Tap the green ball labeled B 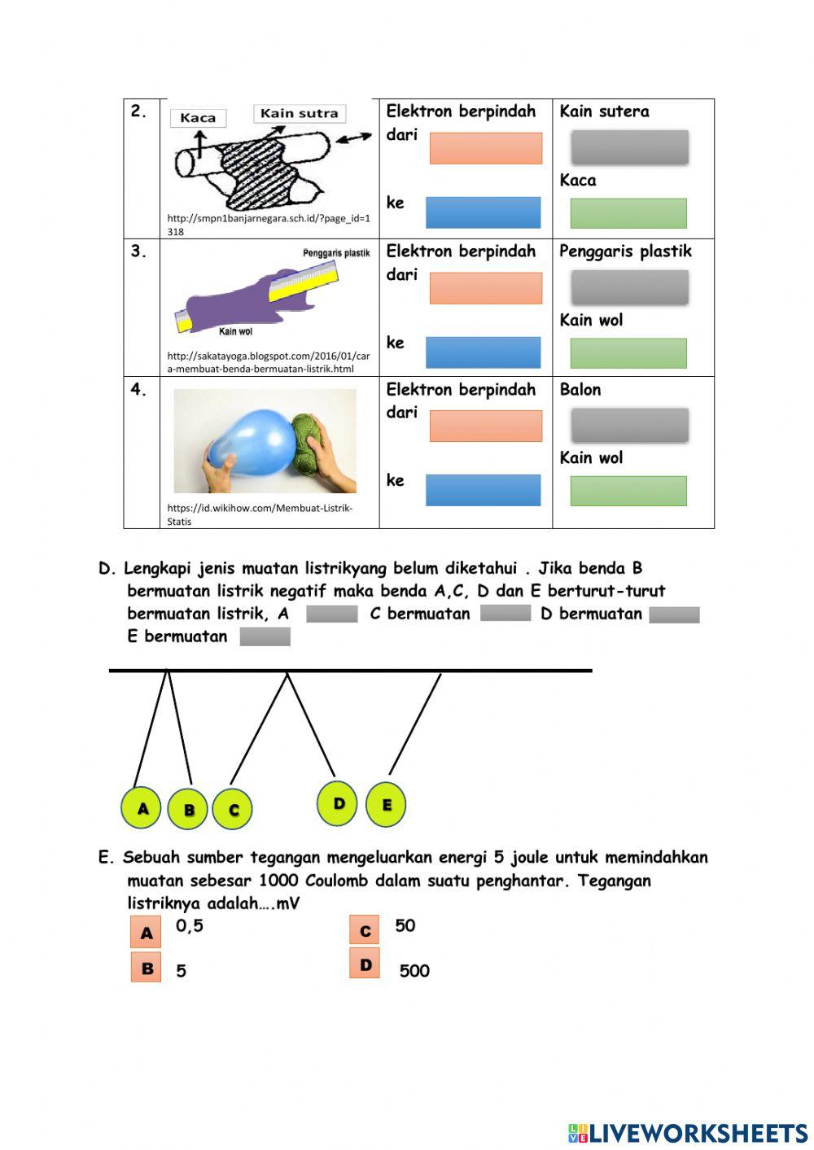[188, 810]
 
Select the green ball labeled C [233, 810]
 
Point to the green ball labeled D [338, 804]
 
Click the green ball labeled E [386, 805]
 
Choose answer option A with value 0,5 [146, 933]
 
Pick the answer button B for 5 [146, 968]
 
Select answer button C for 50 [364, 931]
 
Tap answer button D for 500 [364, 964]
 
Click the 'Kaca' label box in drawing [198, 118]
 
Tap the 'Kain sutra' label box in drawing [299, 114]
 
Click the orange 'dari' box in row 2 [485, 149]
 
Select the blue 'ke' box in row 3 [483, 352]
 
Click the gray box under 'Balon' [629, 426]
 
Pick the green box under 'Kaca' [628, 213]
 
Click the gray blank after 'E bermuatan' [265, 636]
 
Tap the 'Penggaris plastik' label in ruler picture [335, 253]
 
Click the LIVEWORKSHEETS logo [687, 1132]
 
